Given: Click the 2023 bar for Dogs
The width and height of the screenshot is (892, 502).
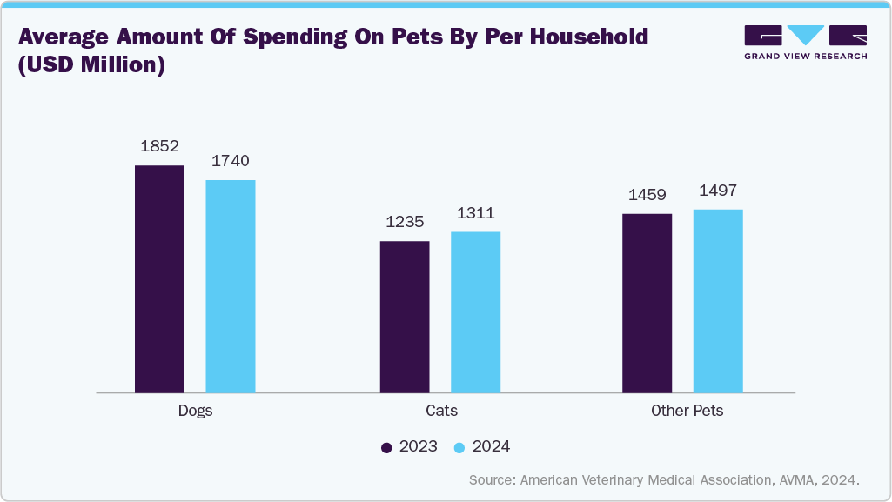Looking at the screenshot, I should [x=159, y=278].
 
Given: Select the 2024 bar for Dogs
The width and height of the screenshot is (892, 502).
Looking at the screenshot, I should [x=231, y=285].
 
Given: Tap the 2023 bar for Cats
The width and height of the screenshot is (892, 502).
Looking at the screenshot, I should [x=405, y=316].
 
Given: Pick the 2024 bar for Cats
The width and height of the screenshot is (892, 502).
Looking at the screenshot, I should [x=475, y=311].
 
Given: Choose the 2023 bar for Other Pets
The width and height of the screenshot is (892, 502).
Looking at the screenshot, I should [x=647, y=302].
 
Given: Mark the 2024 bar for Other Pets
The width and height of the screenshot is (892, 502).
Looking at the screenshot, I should [x=718, y=300].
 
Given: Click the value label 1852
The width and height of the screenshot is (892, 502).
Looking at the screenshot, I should [x=159, y=146].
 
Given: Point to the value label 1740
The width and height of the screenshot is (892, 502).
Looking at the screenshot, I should [x=231, y=161].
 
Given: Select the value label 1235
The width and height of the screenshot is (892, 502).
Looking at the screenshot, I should [x=405, y=222].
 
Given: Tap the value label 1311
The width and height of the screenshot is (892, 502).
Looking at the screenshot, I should [x=475, y=213].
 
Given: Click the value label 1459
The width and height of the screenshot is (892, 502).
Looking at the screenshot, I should [x=647, y=195].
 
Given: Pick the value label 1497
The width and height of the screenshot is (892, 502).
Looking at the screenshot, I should [x=718, y=191].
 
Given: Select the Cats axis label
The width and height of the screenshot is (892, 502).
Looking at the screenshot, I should [x=440, y=411].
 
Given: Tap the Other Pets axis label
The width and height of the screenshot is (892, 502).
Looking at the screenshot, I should [x=687, y=411].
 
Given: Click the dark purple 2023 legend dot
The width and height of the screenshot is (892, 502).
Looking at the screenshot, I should [x=387, y=447].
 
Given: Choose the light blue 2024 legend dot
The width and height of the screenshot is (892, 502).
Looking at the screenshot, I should [x=460, y=447].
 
